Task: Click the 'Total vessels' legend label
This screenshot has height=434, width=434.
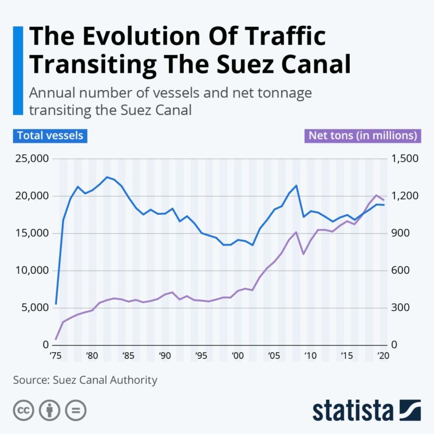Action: (x=50, y=136)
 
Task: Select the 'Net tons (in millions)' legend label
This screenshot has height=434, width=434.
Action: (x=362, y=136)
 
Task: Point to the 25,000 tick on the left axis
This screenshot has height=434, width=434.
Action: (x=31, y=159)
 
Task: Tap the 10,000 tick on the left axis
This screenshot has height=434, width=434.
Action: (x=31, y=270)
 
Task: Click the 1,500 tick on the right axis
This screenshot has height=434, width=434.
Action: (x=405, y=159)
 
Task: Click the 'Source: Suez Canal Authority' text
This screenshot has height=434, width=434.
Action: (x=85, y=380)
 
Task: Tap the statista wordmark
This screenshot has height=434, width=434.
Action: (x=353, y=411)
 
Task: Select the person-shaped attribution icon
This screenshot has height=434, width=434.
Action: (x=49, y=411)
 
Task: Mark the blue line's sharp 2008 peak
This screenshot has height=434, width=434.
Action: (x=296, y=186)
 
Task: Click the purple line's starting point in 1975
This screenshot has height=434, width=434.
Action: (x=56, y=339)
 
